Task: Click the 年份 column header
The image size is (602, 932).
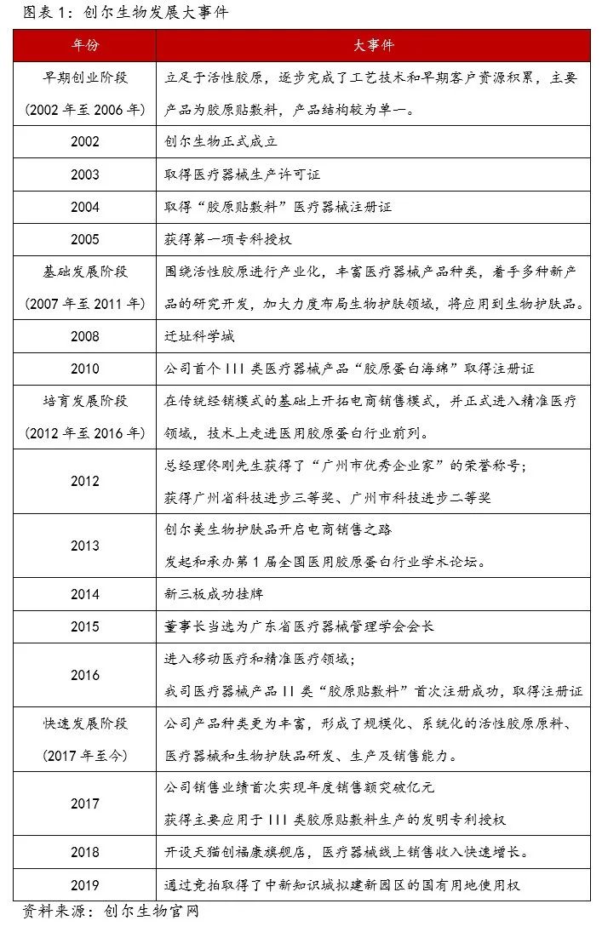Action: coord(84,45)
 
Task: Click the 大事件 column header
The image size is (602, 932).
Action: coord(373,45)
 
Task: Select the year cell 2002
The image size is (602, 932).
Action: coord(84,142)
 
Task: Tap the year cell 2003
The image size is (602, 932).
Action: coord(84,174)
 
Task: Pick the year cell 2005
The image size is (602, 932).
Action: coord(84,239)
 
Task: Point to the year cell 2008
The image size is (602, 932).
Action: coord(84,336)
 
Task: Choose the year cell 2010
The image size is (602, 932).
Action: coord(84,369)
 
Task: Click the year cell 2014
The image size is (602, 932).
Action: coord(84,594)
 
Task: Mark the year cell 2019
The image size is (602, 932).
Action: coord(84,884)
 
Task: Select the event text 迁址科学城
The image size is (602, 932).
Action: coord(199,336)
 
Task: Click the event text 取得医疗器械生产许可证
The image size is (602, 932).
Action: coord(243,174)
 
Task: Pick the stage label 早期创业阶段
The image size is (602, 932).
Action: coord(84,77)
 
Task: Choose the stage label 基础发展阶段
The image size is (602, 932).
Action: coord(84,272)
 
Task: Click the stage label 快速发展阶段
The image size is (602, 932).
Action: coord(84,723)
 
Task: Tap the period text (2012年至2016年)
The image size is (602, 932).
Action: coord(84,433)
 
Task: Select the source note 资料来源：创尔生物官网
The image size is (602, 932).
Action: coord(110,912)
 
